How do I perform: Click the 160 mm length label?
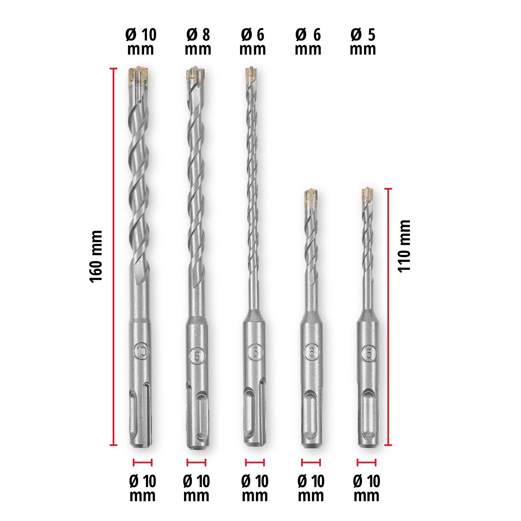tap(96, 256)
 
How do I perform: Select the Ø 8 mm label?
tap(198, 42)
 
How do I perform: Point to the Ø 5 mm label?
tap(363, 42)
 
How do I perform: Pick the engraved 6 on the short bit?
tap(311, 352)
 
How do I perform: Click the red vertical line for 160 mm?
tap(114, 256)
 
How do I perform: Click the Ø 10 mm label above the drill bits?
tap(141, 42)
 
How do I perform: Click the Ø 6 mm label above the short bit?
tap(308, 42)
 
